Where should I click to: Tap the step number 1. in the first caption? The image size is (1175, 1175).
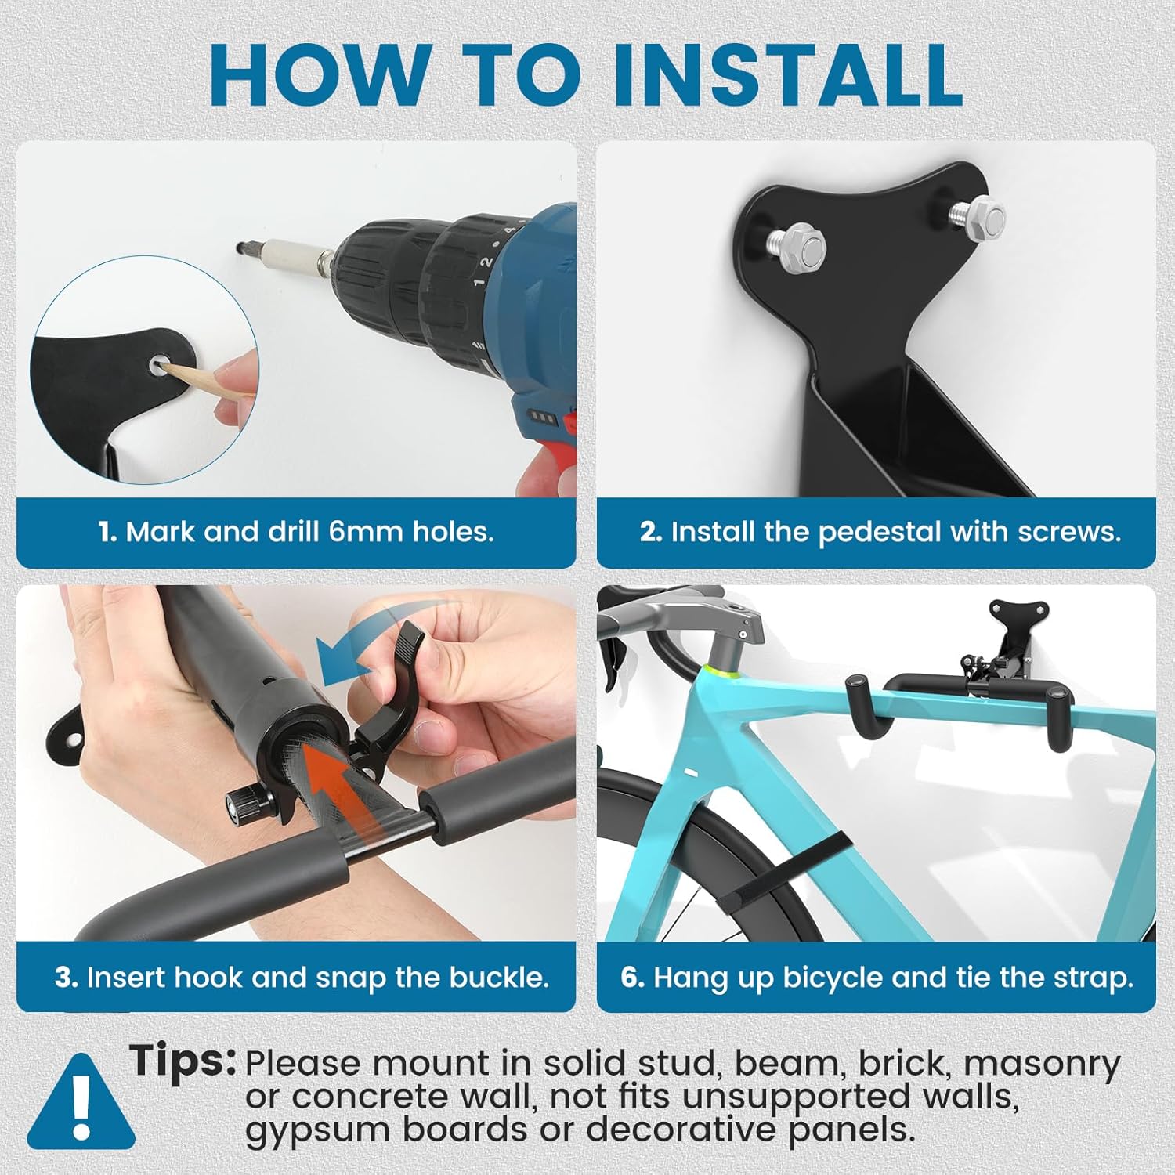pyautogui.click(x=108, y=533)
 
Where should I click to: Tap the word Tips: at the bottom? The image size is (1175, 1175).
pyautogui.click(x=183, y=1061)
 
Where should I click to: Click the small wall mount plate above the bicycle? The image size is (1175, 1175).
pyautogui.click(x=1017, y=619)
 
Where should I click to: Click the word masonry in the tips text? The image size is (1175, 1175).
pyautogui.click(x=1042, y=1064)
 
